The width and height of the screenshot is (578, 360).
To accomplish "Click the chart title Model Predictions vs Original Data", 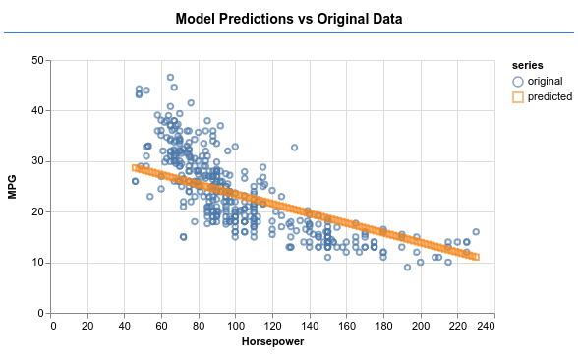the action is [x=289, y=19].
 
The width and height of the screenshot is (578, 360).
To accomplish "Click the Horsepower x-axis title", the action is [x=273, y=342].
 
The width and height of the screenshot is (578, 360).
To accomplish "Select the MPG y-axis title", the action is [x=12, y=187].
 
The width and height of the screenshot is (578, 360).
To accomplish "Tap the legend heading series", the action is [x=527, y=65].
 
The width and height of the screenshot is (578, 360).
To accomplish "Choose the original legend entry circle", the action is [x=518, y=81].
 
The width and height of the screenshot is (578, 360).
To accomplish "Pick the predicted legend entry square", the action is [x=518, y=97].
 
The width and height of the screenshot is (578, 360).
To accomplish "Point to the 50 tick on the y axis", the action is [x=38, y=60].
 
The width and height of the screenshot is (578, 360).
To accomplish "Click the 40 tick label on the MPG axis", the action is [x=38, y=110].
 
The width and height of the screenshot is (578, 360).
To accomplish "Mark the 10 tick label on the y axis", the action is [x=38, y=263].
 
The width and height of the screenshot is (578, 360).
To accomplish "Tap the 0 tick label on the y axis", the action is [x=40, y=313].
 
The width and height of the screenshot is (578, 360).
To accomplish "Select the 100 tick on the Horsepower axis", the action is [x=236, y=326].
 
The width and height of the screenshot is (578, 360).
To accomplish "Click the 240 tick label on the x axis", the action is [x=487, y=326].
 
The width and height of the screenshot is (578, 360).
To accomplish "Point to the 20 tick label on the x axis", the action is [x=87, y=326].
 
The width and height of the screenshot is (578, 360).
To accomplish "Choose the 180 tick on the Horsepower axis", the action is [x=383, y=326].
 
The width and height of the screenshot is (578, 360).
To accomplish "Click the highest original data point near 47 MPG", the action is [x=170, y=77].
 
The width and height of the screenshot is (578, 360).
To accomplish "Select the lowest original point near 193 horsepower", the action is [x=407, y=268].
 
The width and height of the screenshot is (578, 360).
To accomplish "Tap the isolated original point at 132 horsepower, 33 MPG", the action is [x=294, y=148].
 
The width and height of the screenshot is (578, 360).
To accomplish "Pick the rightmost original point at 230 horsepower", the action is [x=476, y=232].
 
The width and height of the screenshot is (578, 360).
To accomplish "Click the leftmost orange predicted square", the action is [x=136, y=168].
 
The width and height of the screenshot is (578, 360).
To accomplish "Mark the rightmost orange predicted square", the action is [x=476, y=257].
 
